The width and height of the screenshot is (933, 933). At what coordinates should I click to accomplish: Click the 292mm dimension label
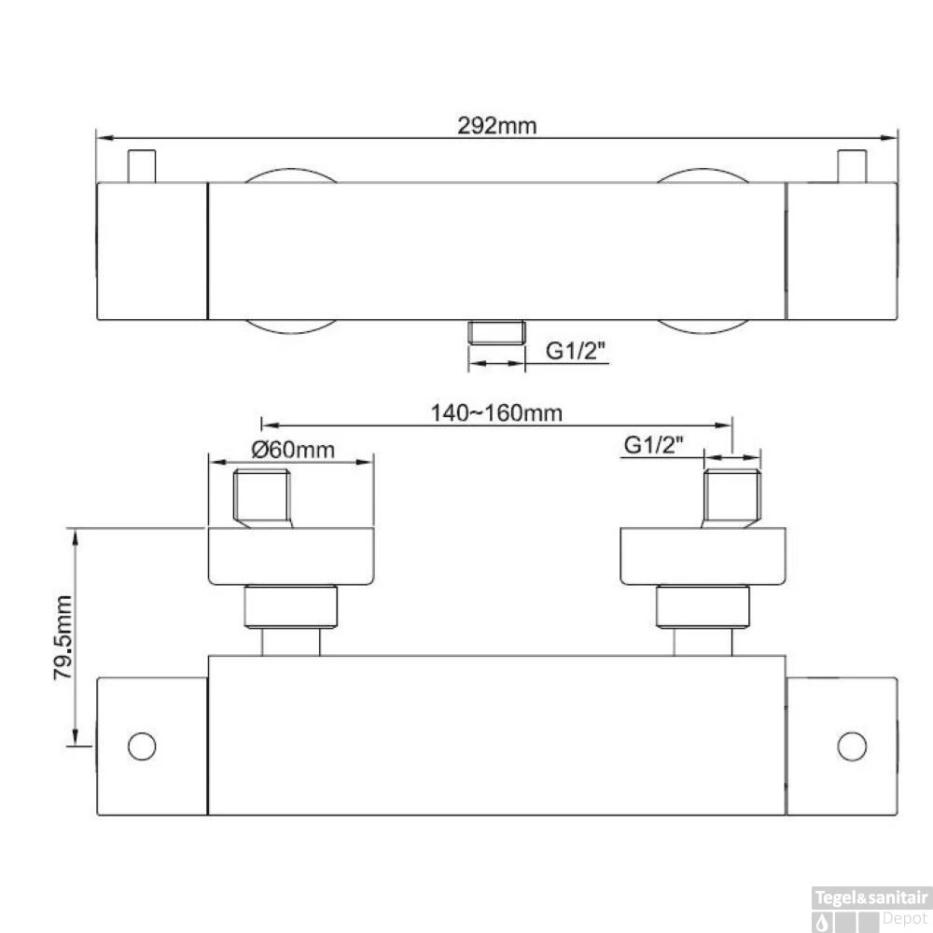(497, 126)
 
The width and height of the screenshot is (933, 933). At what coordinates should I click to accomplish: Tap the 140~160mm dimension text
(496, 413)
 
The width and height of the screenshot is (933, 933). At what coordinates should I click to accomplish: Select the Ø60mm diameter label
(293, 450)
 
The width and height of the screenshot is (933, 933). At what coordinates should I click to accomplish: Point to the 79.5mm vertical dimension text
(63, 637)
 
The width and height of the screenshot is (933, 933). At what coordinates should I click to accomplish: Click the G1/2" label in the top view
(576, 351)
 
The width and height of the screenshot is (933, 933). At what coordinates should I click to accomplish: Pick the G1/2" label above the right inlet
(654, 444)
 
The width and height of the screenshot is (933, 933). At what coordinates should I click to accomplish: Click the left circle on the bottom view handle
(142, 746)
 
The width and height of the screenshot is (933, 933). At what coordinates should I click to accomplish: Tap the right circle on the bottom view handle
(852, 746)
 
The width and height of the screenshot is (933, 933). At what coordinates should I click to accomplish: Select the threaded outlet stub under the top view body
(496, 333)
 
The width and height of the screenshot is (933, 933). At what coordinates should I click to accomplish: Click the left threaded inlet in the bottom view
(262, 498)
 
